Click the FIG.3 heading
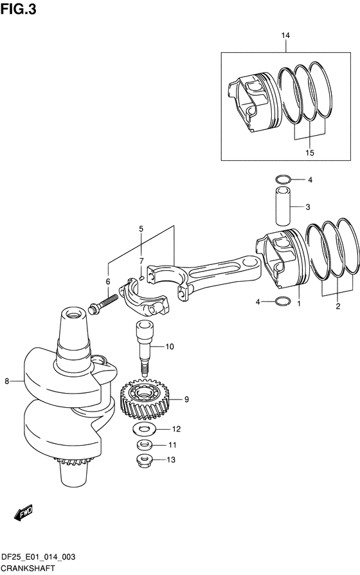pos(19,9)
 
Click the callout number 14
pos(285,35)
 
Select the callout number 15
pos(310,152)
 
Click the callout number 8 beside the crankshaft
pos(6,381)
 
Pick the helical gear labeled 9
pos(145,400)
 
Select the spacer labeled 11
pos(145,445)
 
